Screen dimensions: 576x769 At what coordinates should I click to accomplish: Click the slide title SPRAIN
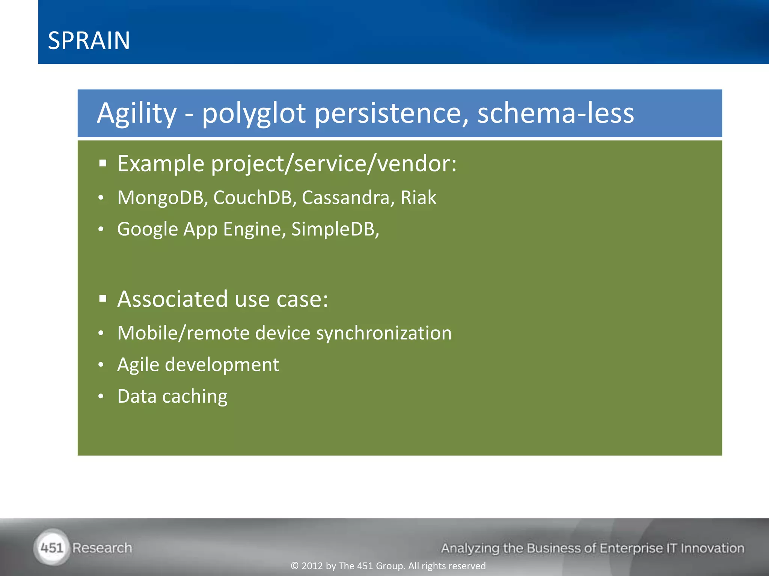tap(89, 40)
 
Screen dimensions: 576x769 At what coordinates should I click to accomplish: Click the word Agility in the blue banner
tap(137, 113)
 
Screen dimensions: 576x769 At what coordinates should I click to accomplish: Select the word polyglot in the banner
tap(254, 113)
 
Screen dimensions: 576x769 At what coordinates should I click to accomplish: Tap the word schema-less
tap(555, 113)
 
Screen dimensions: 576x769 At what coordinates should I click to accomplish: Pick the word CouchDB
tap(253, 198)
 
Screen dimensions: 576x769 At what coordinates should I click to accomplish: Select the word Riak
tap(418, 198)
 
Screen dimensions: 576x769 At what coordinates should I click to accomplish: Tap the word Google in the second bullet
tap(148, 229)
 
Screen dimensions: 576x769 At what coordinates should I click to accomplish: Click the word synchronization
tap(384, 333)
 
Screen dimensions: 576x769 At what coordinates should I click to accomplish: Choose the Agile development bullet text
tap(198, 365)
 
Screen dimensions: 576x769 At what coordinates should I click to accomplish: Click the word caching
tap(195, 396)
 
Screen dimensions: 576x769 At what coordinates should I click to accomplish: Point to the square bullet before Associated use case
tap(103, 299)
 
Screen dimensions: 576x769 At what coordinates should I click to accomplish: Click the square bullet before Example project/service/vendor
tap(103, 163)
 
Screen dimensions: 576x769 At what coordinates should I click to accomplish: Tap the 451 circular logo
tap(52, 547)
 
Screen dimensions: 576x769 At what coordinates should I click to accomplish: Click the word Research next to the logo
tap(102, 548)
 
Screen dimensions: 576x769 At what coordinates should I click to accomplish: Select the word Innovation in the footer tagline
tap(712, 548)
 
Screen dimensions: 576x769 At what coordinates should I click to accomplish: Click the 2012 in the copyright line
tap(312, 566)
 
